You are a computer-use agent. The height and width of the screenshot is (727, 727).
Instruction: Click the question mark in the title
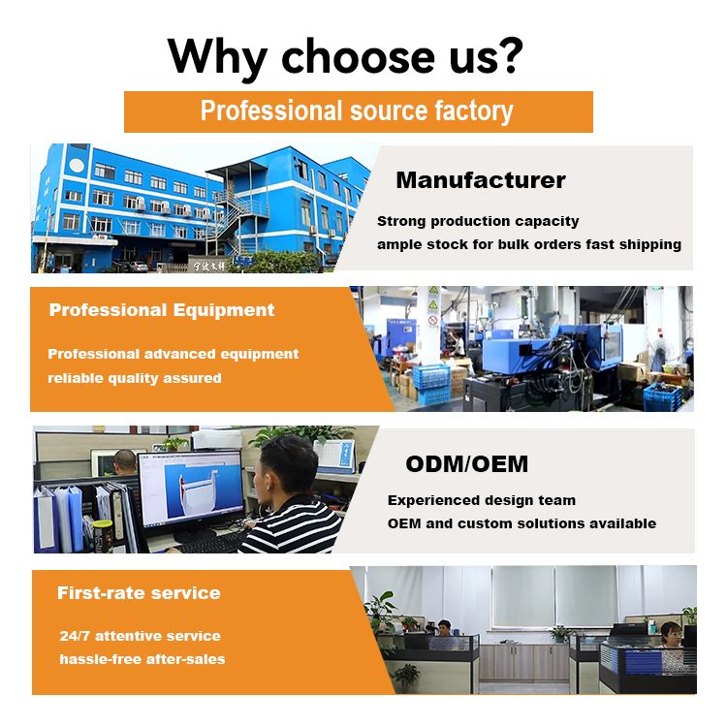(513, 55)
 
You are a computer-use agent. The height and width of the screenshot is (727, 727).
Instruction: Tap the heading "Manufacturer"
(481, 180)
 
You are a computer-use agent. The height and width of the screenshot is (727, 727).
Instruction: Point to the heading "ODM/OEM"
(467, 464)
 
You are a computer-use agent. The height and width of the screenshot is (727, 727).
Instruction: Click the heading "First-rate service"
(139, 593)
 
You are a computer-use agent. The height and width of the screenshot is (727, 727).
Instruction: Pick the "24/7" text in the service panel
(75, 636)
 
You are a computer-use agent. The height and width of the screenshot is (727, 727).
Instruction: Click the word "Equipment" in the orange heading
(224, 310)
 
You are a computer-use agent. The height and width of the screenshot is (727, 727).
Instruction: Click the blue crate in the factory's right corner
(663, 397)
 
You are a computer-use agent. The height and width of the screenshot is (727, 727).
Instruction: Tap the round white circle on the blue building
(77, 166)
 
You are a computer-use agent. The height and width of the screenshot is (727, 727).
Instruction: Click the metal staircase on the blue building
(237, 218)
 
